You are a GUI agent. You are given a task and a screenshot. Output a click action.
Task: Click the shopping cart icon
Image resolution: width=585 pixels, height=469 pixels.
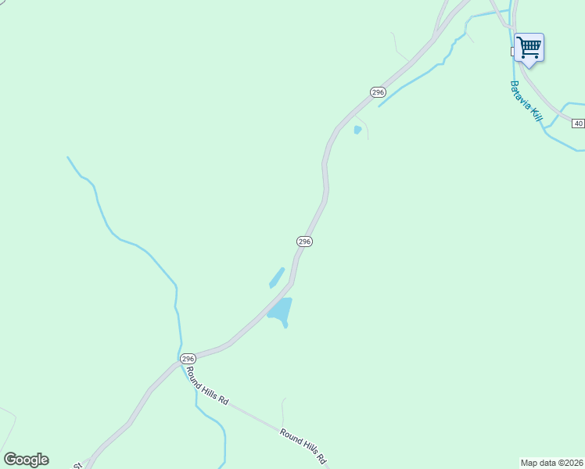(529, 47)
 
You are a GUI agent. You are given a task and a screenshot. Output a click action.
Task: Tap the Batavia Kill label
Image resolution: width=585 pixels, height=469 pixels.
(526, 100)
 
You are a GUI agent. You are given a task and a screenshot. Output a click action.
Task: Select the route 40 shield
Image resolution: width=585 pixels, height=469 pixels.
(578, 124)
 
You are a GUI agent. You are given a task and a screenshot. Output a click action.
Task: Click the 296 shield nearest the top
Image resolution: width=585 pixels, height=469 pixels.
(378, 92)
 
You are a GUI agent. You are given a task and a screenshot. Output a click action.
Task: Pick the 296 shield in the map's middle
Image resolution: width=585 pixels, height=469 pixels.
(305, 242)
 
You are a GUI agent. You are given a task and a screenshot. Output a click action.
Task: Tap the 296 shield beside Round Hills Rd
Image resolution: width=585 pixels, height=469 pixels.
(188, 359)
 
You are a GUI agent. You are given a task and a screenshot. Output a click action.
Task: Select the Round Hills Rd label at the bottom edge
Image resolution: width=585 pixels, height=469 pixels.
(303, 446)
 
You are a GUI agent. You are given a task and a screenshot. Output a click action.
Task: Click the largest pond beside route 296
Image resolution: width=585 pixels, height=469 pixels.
(281, 310)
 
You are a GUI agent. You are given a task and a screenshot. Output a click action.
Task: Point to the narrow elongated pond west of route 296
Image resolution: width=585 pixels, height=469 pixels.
(277, 277)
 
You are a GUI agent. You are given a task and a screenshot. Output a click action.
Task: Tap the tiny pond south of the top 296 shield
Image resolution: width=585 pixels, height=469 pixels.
(357, 130)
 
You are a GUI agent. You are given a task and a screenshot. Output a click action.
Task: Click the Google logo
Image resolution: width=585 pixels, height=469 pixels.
(26, 460)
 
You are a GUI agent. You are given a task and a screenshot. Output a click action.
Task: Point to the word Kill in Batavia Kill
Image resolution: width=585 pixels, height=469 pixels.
(536, 113)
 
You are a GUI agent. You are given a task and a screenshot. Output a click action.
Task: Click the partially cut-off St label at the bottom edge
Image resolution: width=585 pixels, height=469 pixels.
(78, 465)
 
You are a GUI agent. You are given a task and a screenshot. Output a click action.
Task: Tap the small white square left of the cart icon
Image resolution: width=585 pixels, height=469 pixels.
(513, 51)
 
